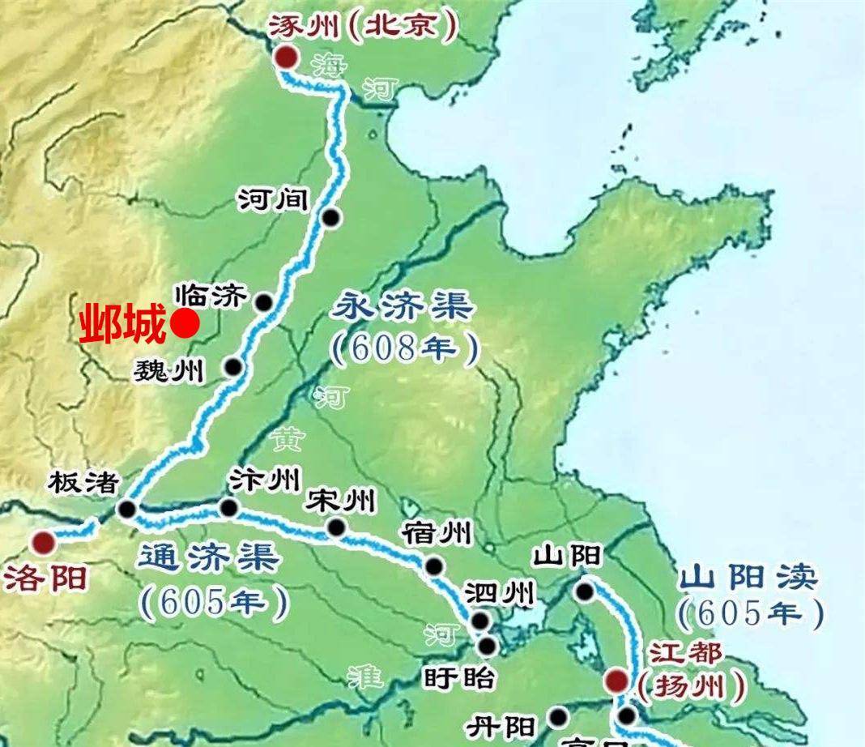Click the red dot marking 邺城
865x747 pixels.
tap(185, 324)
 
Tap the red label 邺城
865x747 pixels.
tap(122, 325)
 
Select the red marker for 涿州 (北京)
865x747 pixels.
tap(285, 57)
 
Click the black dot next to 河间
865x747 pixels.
tap(330, 217)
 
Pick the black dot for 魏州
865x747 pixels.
tap(233, 367)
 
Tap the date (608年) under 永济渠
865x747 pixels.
tap(405, 348)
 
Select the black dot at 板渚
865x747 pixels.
tap(126, 509)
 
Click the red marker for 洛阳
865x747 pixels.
tap(44, 542)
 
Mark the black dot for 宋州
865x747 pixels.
tap(335, 528)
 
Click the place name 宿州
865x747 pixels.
tap(436, 534)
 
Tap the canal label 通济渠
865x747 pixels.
tap(209, 559)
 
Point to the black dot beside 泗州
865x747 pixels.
tap(480, 621)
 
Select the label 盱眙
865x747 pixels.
tap(458, 677)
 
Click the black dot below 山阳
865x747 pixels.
tap(585, 591)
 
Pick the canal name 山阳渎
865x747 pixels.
tap(748, 578)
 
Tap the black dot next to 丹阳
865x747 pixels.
tap(558, 715)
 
